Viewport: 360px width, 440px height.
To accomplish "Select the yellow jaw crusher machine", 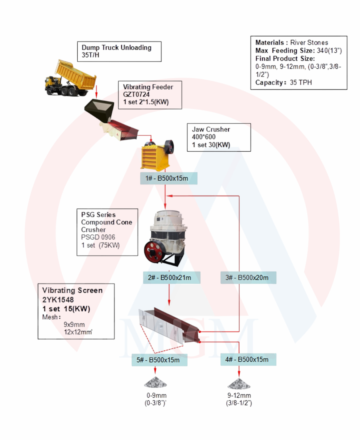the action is coord(157,155).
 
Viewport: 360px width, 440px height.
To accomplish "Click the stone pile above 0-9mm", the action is coord(155,383).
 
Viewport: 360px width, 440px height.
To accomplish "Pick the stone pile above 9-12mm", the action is coord(239,384).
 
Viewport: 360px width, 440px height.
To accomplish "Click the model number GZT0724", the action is coord(136,94).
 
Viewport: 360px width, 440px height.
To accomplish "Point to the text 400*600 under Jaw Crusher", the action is coord(204,137).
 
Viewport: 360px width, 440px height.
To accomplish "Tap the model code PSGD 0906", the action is coord(98,237).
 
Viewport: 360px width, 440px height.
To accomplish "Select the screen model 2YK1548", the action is coord(58,300).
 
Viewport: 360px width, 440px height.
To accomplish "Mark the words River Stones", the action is coord(309,43).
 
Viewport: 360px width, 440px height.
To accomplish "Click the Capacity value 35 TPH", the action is coord(301,82).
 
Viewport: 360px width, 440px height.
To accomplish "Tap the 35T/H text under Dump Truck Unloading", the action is coord(90,55).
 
